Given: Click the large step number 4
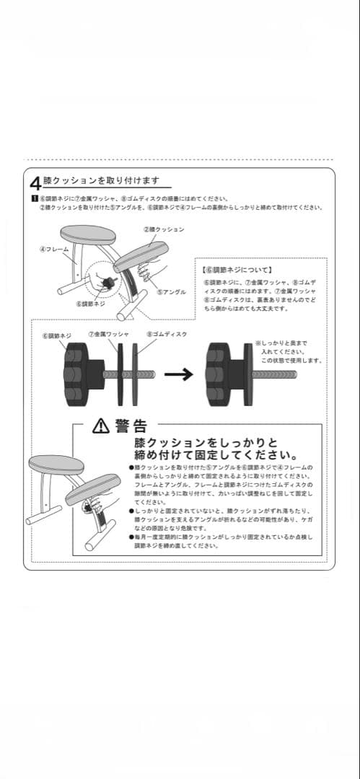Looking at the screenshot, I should pos(35,183).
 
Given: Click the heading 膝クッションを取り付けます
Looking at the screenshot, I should pos(101,180).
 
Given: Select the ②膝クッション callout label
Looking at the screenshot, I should pos(163,229).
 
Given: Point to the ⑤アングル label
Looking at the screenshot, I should pos(172,292).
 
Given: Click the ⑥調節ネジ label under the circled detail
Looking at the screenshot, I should pos(91,304).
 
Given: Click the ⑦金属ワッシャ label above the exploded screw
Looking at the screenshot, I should pos(109,335).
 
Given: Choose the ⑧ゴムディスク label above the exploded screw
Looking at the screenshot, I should pos(167,335).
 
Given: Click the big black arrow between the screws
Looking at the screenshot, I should pos(178,374).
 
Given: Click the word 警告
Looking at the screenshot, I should pos(131,426).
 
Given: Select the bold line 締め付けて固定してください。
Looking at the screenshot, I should pos(216,455).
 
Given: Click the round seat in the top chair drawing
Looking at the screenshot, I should pos(88,234).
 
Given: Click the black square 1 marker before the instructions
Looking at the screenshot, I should pos(34,198).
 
